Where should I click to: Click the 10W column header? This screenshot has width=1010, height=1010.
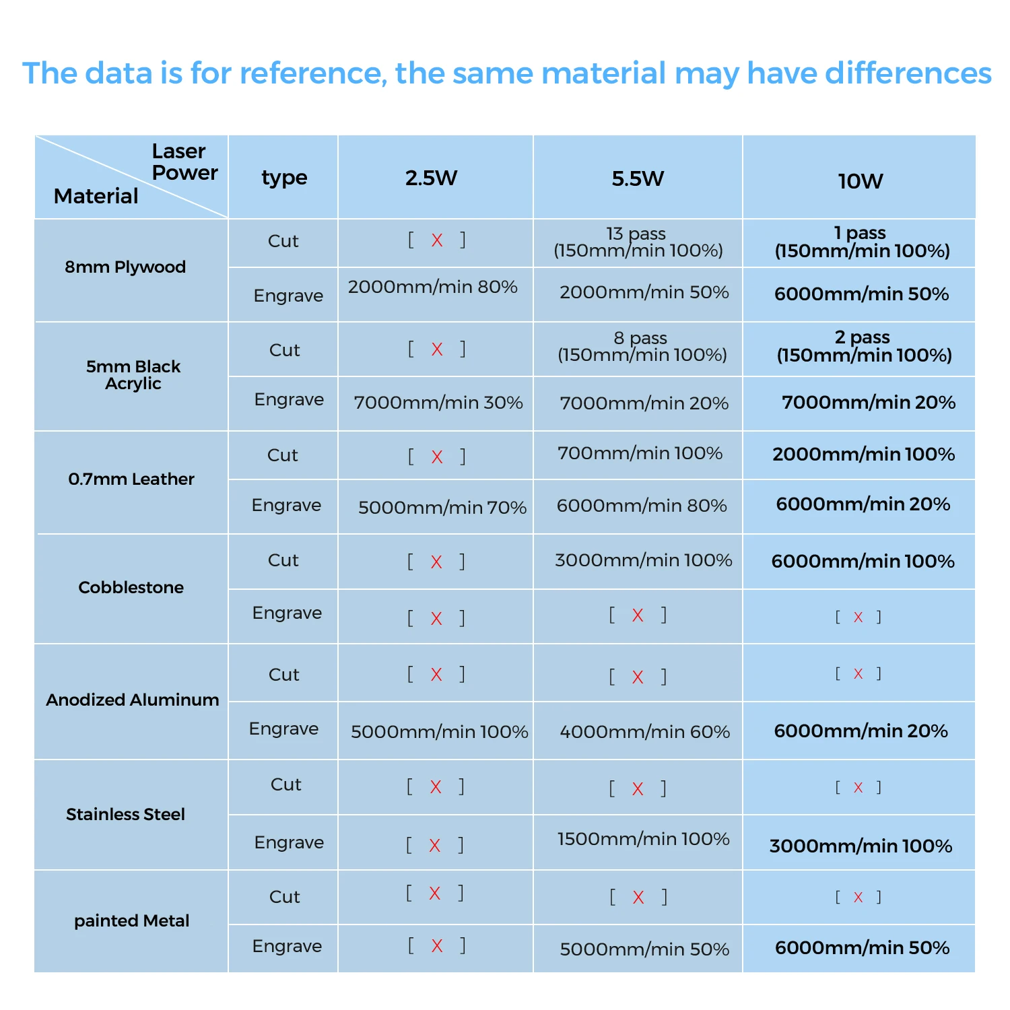(860, 180)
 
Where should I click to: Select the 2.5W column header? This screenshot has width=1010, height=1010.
(431, 178)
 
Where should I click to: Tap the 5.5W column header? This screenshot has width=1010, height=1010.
(638, 178)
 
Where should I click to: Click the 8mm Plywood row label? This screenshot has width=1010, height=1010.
(125, 267)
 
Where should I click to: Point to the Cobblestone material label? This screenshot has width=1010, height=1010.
(131, 587)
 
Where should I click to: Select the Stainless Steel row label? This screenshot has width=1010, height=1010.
(125, 814)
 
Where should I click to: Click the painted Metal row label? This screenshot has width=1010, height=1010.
(131, 920)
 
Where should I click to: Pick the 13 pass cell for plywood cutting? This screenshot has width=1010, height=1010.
(638, 242)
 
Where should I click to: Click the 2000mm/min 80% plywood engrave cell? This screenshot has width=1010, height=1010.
(432, 287)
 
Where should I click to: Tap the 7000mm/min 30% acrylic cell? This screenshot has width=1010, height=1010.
(438, 403)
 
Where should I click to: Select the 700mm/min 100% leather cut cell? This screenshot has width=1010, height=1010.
(640, 453)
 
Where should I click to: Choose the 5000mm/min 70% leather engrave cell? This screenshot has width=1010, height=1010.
(442, 507)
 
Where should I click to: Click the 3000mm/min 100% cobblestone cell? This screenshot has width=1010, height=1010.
(643, 560)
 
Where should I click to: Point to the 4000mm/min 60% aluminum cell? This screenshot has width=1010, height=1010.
(644, 732)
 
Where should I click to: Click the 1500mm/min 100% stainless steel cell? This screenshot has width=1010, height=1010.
(643, 839)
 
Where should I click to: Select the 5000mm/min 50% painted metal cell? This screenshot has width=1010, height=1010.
(644, 949)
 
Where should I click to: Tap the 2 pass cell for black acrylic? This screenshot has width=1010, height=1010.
(864, 345)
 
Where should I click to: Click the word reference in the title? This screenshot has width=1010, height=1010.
(313, 73)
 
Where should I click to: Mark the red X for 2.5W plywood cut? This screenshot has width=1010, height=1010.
(437, 240)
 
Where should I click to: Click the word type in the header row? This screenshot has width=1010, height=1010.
(284, 177)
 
